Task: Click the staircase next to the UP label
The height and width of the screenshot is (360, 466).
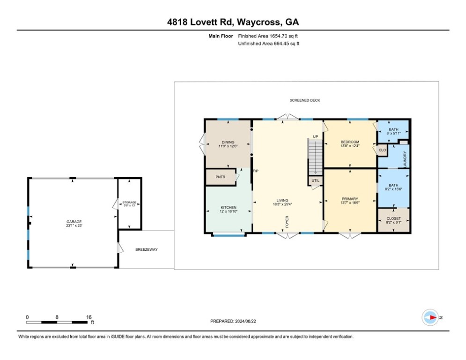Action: coord(315,157)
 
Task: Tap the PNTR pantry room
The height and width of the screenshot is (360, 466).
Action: coord(221,177)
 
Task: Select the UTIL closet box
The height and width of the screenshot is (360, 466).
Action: coord(315,180)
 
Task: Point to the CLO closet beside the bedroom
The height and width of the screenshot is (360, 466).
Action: coord(382,150)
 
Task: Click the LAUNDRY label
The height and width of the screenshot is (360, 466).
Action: coord(405,159)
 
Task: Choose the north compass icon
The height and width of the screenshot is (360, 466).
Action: coord(430,317)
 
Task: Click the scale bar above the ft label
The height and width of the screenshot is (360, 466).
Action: coord(57,322)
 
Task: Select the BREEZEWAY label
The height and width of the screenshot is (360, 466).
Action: coord(147,250)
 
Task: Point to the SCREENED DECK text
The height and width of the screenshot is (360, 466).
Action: coord(304,100)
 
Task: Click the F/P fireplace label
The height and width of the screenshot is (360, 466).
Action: coord(256,171)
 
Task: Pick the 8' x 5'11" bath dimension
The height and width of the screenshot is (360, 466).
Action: coord(393,133)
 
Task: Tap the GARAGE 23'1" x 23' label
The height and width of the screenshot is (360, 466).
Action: coord(74,224)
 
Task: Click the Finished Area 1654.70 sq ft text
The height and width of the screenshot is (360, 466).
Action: coord(268,36)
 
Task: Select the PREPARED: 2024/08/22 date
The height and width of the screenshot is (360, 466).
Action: coord(233,321)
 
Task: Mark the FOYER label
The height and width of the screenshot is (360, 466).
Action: coord(287,222)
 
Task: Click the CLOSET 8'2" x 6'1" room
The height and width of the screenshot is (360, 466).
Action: coord(393,220)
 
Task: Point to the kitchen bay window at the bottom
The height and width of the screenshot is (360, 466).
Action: coord(229,235)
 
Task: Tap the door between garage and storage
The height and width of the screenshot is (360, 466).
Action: coord(116,204)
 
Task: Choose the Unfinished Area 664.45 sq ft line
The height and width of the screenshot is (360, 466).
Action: coord(269,44)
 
